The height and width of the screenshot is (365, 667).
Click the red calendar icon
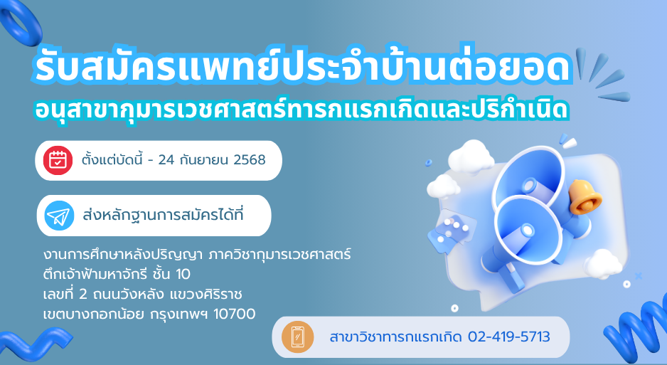click(58, 160)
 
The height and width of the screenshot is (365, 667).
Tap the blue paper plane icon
click(59, 216)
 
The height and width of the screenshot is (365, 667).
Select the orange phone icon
click(297, 337)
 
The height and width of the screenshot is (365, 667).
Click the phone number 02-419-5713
click(508, 337)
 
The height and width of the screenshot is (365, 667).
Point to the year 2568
click(250, 160)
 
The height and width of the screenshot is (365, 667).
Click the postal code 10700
click(235, 314)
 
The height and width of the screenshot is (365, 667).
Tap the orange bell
click(585, 196)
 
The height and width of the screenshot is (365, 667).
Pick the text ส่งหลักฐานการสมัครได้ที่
click(163, 215)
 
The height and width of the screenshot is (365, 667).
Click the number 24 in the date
click(166, 160)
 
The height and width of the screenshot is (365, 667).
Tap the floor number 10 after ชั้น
click(183, 275)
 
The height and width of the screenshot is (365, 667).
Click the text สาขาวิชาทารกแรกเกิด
click(395, 337)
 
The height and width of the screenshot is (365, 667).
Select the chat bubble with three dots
click(451, 230)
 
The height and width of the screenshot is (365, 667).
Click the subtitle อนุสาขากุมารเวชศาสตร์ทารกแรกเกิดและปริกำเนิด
click(302, 110)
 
